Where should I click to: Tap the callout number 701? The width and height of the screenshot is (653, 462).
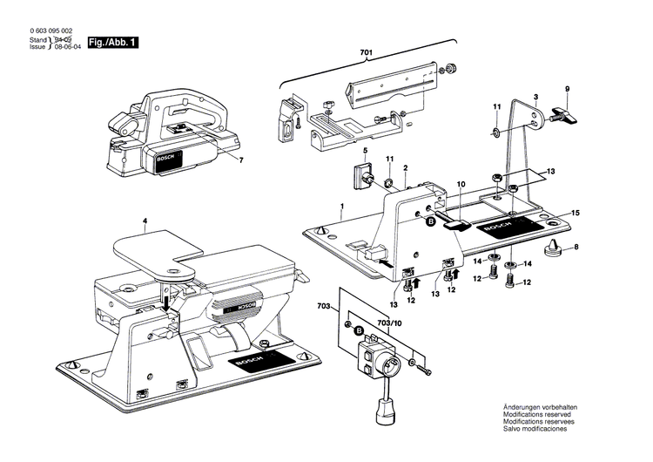tap(367, 54)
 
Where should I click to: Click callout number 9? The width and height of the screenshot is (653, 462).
tap(567, 89)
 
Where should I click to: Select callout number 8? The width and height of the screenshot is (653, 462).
tap(576, 248)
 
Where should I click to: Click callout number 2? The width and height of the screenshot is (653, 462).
tap(406, 166)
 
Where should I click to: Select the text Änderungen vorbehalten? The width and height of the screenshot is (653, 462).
tap(540, 408)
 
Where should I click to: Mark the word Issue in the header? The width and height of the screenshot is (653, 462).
tap(37, 47)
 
